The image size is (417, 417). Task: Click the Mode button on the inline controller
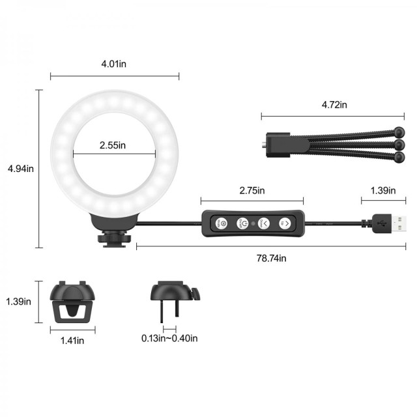(221, 223)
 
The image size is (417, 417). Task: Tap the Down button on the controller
(263, 223)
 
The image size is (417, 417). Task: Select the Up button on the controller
(285, 223)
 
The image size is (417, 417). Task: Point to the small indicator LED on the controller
(253, 223)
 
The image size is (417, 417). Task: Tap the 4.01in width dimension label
(114, 64)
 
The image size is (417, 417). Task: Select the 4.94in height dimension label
(21, 169)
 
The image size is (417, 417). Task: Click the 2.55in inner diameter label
(113, 145)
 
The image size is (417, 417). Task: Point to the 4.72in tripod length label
(334, 105)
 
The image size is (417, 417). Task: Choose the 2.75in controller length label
(252, 190)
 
